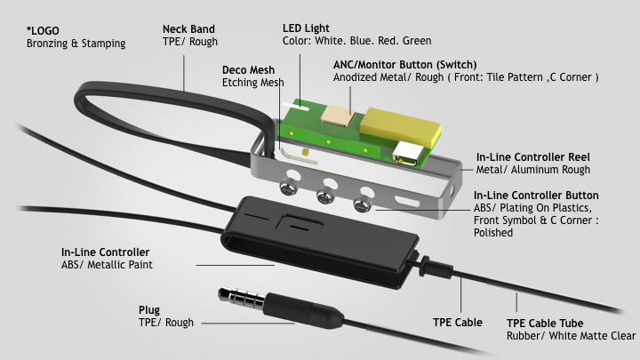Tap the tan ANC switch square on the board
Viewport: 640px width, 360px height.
click(x=339, y=116)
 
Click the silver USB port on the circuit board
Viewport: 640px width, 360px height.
click(x=411, y=155)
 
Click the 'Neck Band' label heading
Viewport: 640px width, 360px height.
click(x=188, y=29)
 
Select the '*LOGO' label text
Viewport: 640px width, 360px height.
click(x=43, y=29)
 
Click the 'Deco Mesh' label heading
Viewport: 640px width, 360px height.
click(x=248, y=69)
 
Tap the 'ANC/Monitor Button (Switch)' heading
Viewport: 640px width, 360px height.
click(x=404, y=65)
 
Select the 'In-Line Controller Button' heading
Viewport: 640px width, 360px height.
click(x=535, y=196)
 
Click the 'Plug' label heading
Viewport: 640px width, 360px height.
click(x=148, y=309)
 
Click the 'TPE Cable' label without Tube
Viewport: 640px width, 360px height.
click(x=457, y=322)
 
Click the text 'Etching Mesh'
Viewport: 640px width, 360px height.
click(x=252, y=83)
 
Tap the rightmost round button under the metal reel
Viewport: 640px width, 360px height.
click(x=361, y=204)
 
